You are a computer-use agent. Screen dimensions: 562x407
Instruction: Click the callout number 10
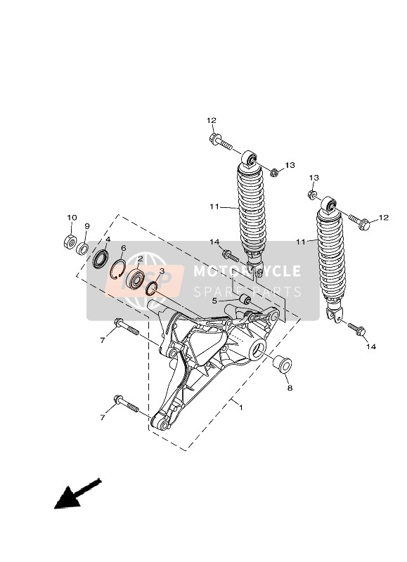(72, 217)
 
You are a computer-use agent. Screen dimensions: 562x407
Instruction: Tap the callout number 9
(87, 226)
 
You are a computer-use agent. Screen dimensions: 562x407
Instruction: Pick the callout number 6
(123, 248)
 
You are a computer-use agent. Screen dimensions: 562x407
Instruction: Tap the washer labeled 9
(83, 248)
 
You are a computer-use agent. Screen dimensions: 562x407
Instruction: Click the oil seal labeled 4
(100, 258)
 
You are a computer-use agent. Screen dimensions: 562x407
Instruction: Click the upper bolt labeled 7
(125, 328)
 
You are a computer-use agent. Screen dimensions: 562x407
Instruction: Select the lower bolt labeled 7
(125, 407)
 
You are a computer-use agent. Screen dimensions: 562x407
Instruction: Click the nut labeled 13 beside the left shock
(274, 172)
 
